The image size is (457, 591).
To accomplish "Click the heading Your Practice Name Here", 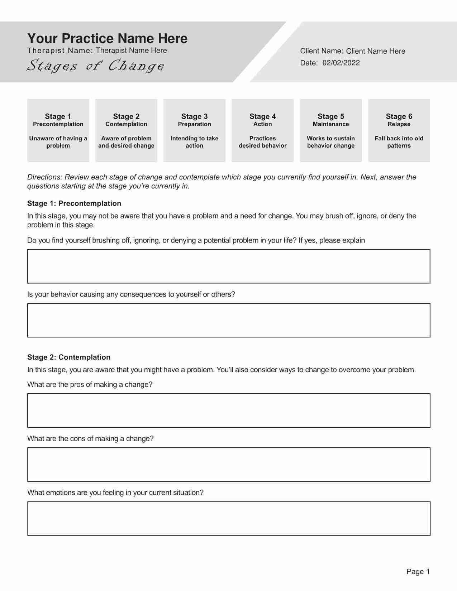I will pyautogui.click(x=107, y=39).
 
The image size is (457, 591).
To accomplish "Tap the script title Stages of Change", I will pyautogui.click(x=95, y=66).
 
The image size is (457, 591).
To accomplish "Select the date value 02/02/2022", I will pyautogui.click(x=341, y=63).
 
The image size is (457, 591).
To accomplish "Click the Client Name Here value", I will pyautogui.click(x=375, y=51).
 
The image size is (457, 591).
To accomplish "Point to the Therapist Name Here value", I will pyautogui.click(x=131, y=51).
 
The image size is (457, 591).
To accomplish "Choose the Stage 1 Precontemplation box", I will pyautogui.click(x=58, y=130).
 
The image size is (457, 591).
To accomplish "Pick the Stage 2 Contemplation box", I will pyautogui.click(x=126, y=130).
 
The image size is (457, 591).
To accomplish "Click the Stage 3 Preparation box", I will pyautogui.click(x=194, y=130).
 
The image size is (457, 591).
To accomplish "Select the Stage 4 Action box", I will pyautogui.click(x=262, y=130).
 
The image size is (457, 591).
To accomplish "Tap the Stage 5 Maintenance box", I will pyautogui.click(x=330, y=130).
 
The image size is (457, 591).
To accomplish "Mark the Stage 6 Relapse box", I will pyautogui.click(x=399, y=130).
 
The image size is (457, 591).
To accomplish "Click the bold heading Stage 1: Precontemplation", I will pyautogui.click(x=74, y=203).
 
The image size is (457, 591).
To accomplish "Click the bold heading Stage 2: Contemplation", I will pyautogui.click(x=69, y=357).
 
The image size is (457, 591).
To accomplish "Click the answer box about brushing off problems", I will pyautogui.click(x=229, y=266).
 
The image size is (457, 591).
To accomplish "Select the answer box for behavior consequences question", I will pyautogui.click(x=229, y=320).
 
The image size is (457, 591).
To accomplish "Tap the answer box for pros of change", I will pyautogui.click(x=229, y=410).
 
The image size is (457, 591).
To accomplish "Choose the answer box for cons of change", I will pyautogui.click(x=229, y=465).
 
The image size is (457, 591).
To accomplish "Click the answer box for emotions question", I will pyautogui.click(x=229, y=519).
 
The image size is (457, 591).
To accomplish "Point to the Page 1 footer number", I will pyautogui.click(x=418, y=572).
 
